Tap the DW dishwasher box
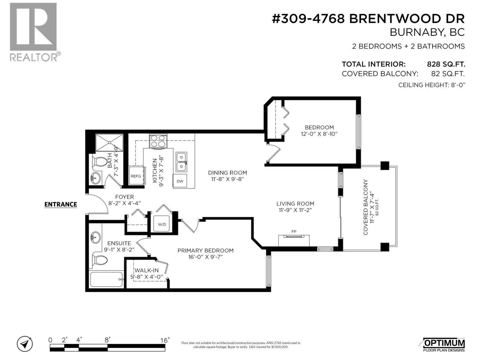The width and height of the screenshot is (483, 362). click(x=180, y=181)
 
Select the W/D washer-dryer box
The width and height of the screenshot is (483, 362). click(x=162, y=224)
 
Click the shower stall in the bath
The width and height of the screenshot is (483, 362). click(x=109, y=143)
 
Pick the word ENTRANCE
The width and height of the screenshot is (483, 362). click(x=61, y=205)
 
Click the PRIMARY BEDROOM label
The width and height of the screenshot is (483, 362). click(x=205, y=250)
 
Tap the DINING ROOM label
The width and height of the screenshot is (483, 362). click(x=227, y=173)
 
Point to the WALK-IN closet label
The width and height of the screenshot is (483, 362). click(x=146, y=270)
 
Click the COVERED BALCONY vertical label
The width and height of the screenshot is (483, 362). click(x=366, y=207)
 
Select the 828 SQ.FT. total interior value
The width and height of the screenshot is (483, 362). click(x=446, y=64)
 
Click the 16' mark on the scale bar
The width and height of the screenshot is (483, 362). click(x=165, y=340)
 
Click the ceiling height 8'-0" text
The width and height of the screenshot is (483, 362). click(x=431, y=85)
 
